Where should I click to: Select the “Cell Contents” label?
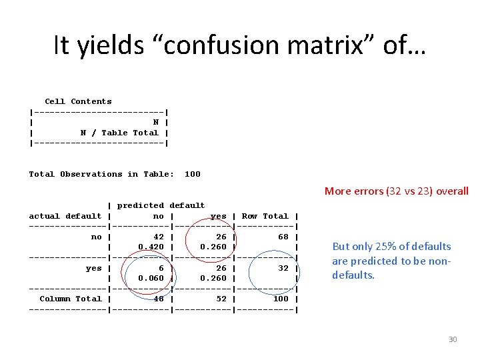click(78, 101)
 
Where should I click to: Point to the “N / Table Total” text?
click(119, 133)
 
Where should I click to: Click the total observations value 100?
click(192, 174)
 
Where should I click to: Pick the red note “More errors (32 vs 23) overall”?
click(397, 191)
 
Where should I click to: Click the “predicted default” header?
click(161, 205)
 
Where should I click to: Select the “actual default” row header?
click(65, 216)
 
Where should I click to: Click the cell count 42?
click(159, 237)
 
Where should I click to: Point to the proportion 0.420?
click(151, 247)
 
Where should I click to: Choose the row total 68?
click(283, 237)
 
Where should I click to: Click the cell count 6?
click(161, 268)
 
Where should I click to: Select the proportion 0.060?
click(151, 278)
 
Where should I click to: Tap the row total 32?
click(283, 268)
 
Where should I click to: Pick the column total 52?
click(221, 299)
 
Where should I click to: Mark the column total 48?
click(159, 299)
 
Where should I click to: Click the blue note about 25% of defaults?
click(391, 260)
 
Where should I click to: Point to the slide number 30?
click(453, 339)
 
